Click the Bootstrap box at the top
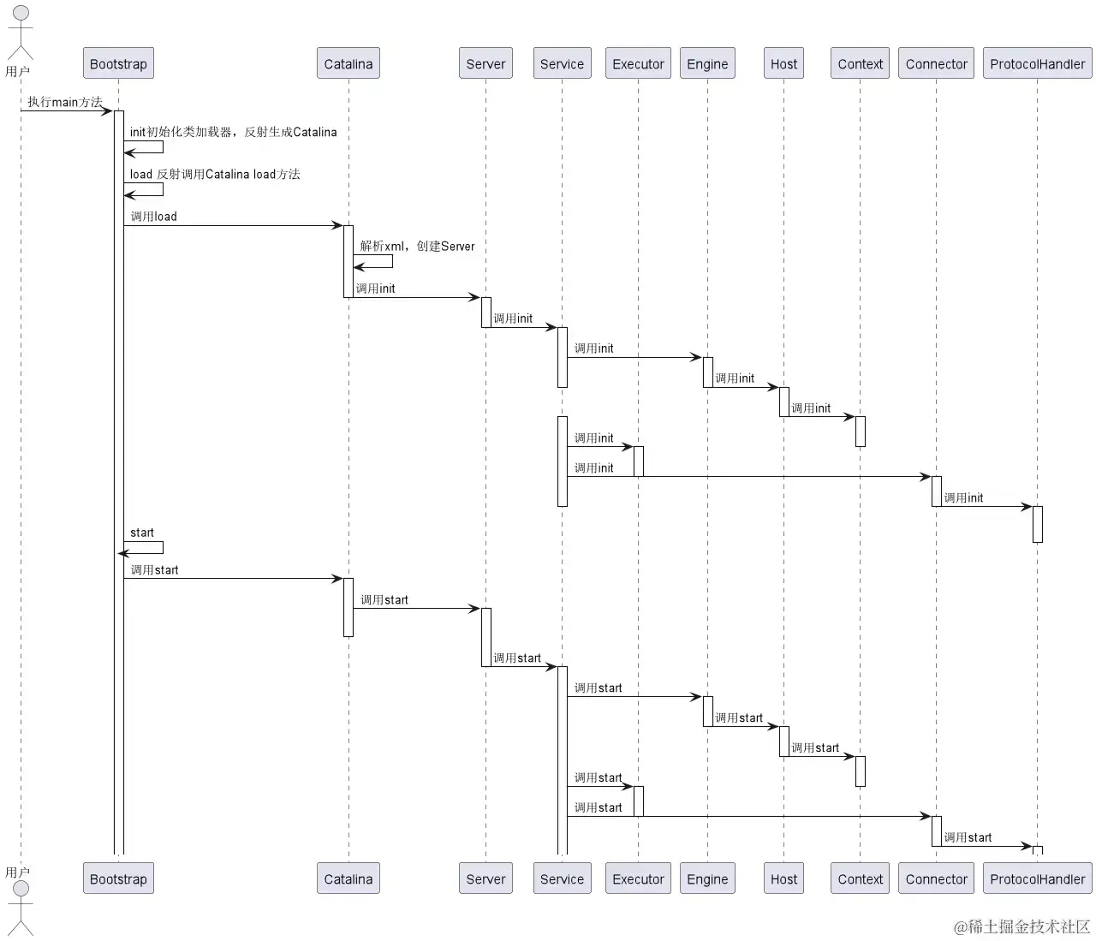click(x=118, y=63)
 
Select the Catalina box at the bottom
click(x=348, y=878)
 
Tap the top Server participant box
click(x=485, y=63)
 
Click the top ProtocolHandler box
click(x=1037, y=63)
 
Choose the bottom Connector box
click(x=936, y=878)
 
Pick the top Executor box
click(x=638, y=63)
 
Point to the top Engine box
click(x=707, y=63)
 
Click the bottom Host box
click(x=783, y=878)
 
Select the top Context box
click(x=860, y=63)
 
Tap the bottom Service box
click(x=562, y=878)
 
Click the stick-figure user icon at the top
click(x=21, y=32)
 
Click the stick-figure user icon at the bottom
click(x=21, y=908)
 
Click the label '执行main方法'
click(x=65, y=102)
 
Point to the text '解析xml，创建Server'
click(x=417, y=247)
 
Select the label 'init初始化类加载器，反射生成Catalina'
click(x=233, y=132)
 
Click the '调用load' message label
click(x=154, y=217)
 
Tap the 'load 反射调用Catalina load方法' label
click(x=215, y=175)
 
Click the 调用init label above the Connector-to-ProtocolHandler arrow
click(x=963, y=498)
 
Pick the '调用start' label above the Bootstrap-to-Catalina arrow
click(x=155, y=570)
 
